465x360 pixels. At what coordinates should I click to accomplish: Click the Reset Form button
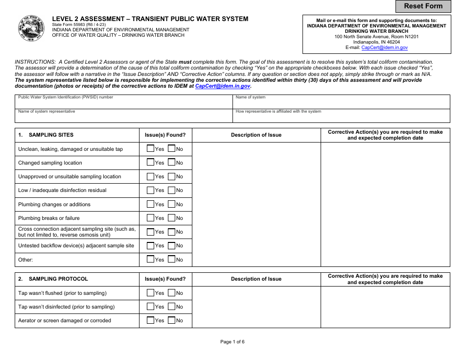pyautogui.click(x=423, y=6)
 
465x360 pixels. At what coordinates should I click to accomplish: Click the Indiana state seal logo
pyautogui.click(x=31, y=28)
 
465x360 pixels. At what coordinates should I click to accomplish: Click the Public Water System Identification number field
pyautogui.click(x=123, y=104)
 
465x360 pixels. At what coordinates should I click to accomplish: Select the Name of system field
pyautogui.click(x=341, y=104)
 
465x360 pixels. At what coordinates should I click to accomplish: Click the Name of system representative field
pyautogui.click(x=123, y=118)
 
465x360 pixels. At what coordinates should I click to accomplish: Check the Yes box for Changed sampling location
pyautogui.click(x=151, y=162)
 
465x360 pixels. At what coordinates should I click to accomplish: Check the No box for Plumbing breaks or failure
pyautogui.click(x=171, y=217)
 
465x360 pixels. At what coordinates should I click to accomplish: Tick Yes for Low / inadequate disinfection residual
pyautogui.click(x=151, y=190)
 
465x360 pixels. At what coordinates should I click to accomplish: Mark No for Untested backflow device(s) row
pyautogui.click(x=171, y=245)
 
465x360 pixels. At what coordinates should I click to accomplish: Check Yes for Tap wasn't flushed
pyautogui.click(x=151, y=292)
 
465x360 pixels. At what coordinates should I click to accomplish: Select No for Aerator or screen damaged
pyautogui.click(x=171, y=320)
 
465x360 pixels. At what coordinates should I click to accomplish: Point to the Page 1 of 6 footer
pyautogui.click(x=232, y=342)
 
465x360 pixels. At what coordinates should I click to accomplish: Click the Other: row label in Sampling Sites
pyautogui.click(x=25, y=260)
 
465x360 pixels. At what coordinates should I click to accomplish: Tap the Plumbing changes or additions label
pyautogui.click(x=54, y=205)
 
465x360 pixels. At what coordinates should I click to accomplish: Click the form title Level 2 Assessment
pyautogui.click(x=150, y=19)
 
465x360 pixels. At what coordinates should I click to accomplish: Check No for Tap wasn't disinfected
pyautogui.click(x=171, y=306)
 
